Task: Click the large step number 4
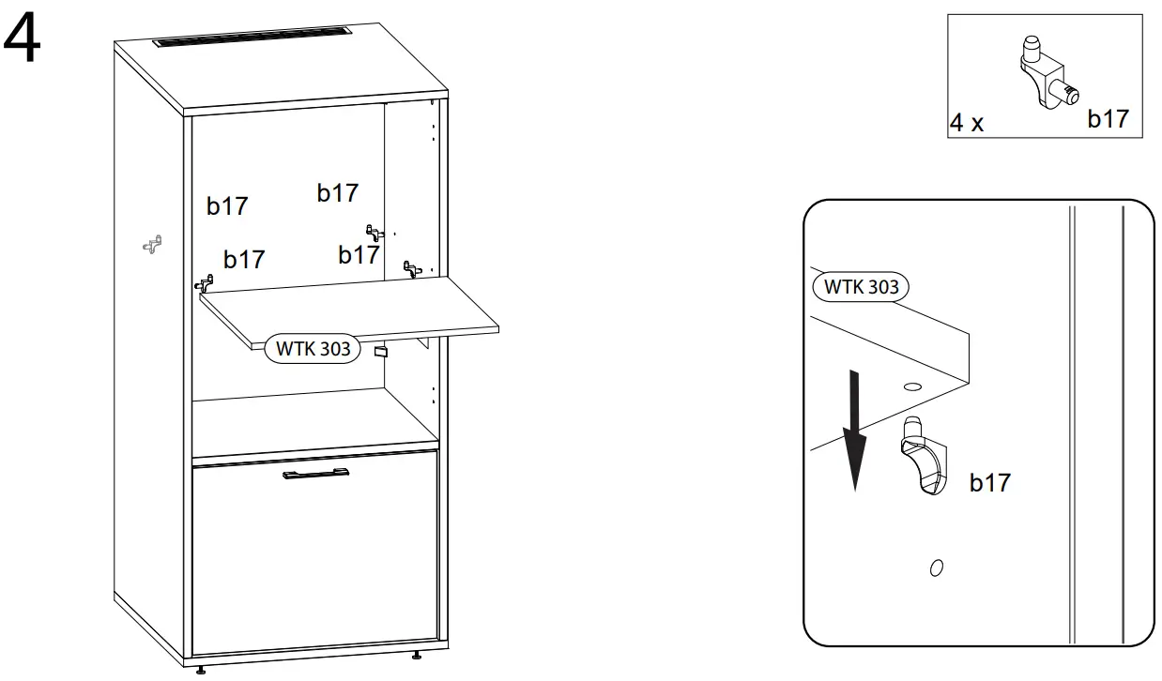coord(24,41)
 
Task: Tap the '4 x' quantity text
coord(966,123)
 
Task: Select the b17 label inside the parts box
coord(1108,119)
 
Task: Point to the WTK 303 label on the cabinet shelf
coord(313,349)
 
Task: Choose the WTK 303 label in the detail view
coord(861,286)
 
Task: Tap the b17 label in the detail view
coord(989,482)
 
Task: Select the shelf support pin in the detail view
coord(925,459)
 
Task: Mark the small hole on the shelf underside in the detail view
coord(911,386)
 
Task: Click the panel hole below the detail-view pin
coord(935,567)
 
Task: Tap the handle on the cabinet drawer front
coord(315,475)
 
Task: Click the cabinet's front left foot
coord(202,668)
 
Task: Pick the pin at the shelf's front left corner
coord(205,282)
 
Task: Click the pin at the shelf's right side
coord(411,268)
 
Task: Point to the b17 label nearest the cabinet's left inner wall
coord(226,205)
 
